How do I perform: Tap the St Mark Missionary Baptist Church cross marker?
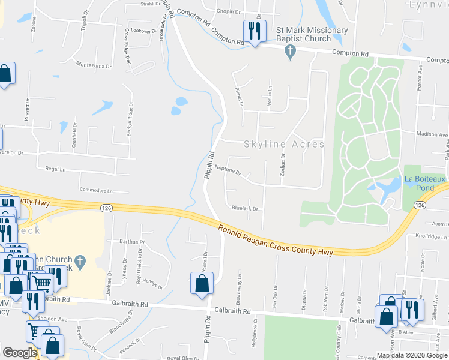pos(290,53)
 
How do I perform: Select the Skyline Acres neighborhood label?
pos(284,145)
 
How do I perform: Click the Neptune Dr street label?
pos(228,171)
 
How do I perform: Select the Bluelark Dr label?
pos(244,209)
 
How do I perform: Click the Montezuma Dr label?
pos(94,64)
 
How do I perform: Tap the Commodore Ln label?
pos(96,190)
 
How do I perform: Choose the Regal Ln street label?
pos(56,169)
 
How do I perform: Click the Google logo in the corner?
pos(19,353)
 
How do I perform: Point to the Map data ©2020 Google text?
pos(412,355)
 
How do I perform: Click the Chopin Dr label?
pos(228,11)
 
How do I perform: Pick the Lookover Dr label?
pos(143,29)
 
